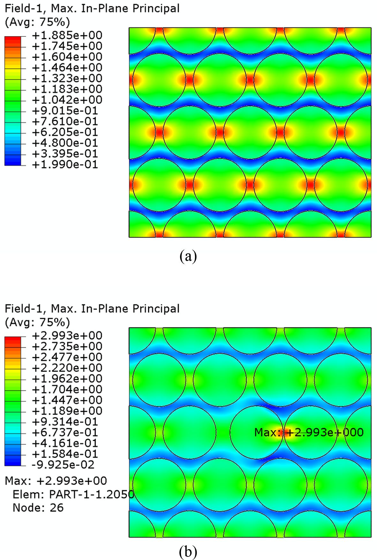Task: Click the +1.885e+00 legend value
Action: pyautogui.click(x=67, y=35)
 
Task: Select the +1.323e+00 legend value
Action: pyautogui.click(x=67, y=78)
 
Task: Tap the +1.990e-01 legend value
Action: pyautogui.click(x=65, y=165)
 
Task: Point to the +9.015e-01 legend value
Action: pyautogui.click(x=65, y=111)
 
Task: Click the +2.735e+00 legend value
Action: pyautogui.click(x=67, y=346)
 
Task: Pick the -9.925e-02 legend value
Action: pyautogui.click(x=63, y=465)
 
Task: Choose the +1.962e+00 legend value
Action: pyautogui.click(x=67, y=379)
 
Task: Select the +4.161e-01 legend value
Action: pyautogui.click(x=65, y=443)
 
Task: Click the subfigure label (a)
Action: pyautogui.click(x=188, y=256)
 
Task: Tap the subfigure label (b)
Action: pyautogui.click(x=188, y=552)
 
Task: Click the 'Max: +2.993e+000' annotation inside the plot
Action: pyautogui.click(x=309, y=433)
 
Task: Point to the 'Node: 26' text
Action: pyautogui.click(x=38, y=508)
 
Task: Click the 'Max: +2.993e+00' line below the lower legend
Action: pyautogui.click(x=56, y=481)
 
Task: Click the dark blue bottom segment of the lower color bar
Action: pyautogui.click(x=13, y=462)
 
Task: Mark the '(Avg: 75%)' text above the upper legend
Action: pyautogui.click(x=37, y=22)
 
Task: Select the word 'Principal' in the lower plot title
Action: pyautogui.click(x=156, y=309)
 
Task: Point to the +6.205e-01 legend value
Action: pyautogui.click(x=65, y=132)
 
